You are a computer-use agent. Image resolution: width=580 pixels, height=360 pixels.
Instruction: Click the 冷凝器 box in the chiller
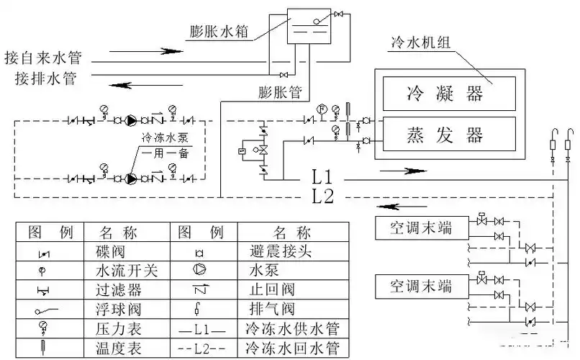pos(448,93)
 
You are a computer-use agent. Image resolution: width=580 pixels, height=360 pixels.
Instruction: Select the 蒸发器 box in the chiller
pos(448,133)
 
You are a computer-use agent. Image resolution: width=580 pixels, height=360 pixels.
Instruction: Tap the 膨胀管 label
pos(279,92)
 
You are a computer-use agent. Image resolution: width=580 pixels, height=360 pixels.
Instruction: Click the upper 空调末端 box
pos(420,228)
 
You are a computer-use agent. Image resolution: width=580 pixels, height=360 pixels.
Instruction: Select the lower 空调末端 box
pos(420,287)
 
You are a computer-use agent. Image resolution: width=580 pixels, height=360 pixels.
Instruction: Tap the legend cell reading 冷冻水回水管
pos(291,348)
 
